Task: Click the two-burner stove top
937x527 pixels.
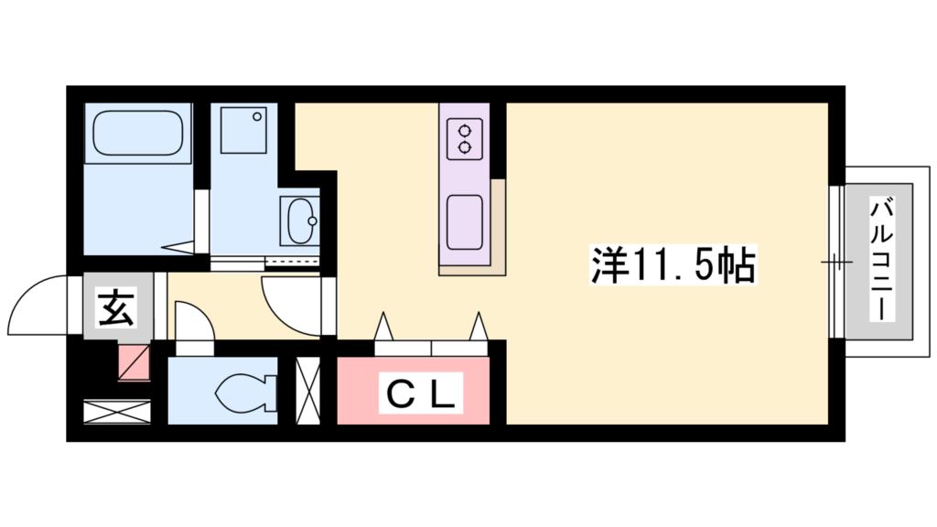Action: coord(465,137)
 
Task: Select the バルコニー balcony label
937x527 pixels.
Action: coord(883,260)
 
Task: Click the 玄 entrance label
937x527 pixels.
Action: coord(115,307)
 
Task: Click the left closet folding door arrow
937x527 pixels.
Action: coord(382,327)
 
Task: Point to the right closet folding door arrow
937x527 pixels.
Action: coord(479,327)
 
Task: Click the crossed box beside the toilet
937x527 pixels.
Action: coord(307,391)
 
